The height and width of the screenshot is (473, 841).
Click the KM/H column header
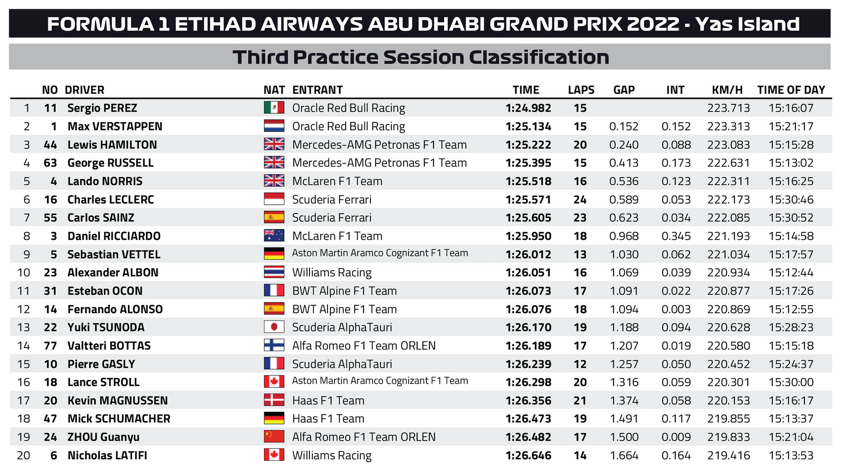(727, 90)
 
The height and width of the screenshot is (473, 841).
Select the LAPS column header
(581, 90)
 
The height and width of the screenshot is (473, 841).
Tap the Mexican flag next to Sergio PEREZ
(274, 108)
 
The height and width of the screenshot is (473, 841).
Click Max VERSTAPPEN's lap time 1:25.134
(528, 127)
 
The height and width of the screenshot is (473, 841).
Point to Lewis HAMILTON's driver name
(112, 145)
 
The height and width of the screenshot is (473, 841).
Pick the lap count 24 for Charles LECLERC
(580, 200)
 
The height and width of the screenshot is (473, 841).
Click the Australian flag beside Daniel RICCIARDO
(274, 235)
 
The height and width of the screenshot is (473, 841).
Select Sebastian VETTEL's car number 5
(53, 254)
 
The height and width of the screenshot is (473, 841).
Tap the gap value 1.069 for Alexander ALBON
(624, 272)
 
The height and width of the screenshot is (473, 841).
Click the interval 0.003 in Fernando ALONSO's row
(676, 309)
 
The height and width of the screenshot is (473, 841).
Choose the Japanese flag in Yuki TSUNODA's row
(274, 327)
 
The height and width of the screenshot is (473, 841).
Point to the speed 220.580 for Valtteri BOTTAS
(728, 346)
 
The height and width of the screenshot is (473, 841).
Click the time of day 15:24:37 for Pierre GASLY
(791, 364)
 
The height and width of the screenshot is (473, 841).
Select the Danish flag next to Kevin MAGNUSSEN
(274, 400)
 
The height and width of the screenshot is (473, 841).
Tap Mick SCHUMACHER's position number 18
(24, 419)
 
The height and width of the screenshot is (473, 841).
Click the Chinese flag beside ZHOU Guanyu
(274, 436)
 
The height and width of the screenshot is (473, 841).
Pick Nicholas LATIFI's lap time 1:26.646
(528, 455)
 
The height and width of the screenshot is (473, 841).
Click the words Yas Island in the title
(747, 24)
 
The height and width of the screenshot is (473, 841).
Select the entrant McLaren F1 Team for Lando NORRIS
(337, 181)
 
